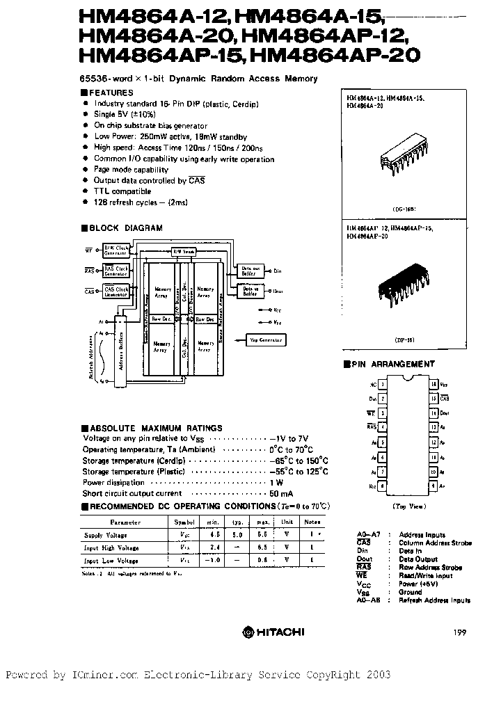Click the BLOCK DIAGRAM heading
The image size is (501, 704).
tap(126, 227)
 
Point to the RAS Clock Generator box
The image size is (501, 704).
tap(116, 271)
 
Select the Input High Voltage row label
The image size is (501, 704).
tap(111, 547)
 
